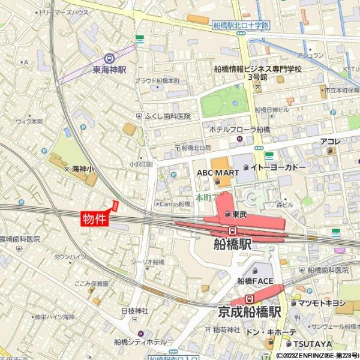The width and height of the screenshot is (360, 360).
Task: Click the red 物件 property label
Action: pyautogui.click(x=94, y=220)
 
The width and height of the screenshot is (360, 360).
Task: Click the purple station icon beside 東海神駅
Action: pyautogui.click(x=109, y=59)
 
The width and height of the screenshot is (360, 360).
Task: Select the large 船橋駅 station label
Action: pyautogui.click(x=232, y=244)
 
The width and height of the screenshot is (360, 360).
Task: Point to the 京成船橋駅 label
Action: pyautogui.click(x=250, y=313)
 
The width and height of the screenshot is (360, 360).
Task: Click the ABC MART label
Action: pyautogui.click(x=218, y=172)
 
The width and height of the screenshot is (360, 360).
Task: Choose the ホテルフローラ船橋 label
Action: pyautogui.click(x=239, y=130)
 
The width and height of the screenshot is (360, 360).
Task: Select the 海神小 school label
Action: pyautogui.click(x=83, y=170)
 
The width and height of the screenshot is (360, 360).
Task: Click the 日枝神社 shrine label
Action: pyautogui.click(x=134, y=311)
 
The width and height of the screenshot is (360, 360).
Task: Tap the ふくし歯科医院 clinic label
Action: pyautogui.click(x=167, y=116)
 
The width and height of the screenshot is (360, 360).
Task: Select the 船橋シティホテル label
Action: pyautogui.click(x=140, y=342)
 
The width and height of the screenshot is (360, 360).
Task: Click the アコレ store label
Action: pyautogui.click(x=330, y=142)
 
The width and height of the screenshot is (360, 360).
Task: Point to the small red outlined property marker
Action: pyautogui.click(x=115, y=205)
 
